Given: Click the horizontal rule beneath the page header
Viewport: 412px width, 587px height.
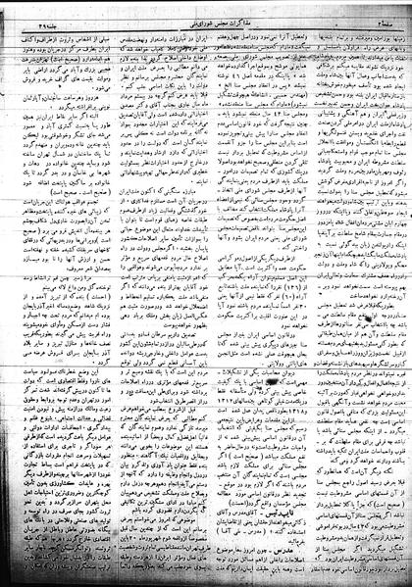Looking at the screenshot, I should tap(206, 16).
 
